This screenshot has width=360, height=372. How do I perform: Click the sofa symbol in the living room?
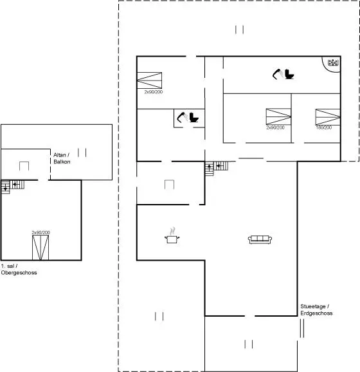pos(260,239)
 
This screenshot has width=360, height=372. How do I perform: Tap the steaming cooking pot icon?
pos(172,236)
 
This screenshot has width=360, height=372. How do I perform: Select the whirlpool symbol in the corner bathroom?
pos(333,62)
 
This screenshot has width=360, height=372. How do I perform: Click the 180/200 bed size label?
pos(324,127)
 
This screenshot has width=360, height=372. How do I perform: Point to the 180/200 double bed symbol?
pos(328,117)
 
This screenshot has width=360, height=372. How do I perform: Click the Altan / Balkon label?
pos(62,158)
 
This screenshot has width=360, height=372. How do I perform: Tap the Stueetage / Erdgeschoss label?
pos(316,310)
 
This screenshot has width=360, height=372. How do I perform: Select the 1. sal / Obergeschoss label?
pos(19,269)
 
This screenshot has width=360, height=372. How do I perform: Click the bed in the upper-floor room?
pos(40,248)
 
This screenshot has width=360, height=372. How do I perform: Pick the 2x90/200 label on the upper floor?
pos(41,232)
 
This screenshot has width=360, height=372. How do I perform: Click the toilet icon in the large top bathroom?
pos(289,74)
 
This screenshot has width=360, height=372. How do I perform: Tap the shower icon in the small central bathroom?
pos(182,117)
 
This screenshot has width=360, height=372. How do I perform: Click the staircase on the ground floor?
pos(217,168)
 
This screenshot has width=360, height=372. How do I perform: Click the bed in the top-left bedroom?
pos(150,80)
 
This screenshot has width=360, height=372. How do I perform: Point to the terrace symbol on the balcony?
pos(82,153)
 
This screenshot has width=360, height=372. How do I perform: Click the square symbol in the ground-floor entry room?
pos(170,185)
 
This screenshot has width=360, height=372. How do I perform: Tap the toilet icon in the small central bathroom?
pos(194,117)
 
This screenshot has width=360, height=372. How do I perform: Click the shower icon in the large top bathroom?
pos(277,74)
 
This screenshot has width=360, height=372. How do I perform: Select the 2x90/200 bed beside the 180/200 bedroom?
pos(278,116)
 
